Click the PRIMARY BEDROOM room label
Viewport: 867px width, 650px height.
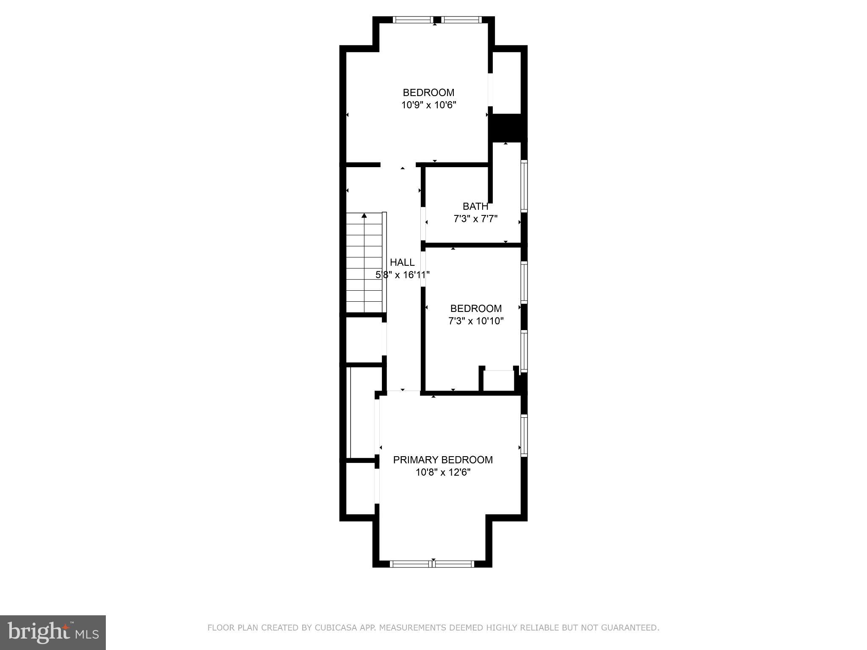[x=443, y=460]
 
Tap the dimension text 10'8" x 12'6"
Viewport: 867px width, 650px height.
[x=443, y=472]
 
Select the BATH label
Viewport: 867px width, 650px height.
[x=475, y=207]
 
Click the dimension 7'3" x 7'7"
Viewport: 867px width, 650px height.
[x=475, y=219]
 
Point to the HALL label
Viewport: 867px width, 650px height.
[x=402, y=262]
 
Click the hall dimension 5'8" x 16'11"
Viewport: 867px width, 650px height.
[x=403, y=275]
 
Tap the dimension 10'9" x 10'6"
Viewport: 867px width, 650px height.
[x=428, y=105]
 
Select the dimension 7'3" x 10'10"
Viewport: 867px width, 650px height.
[x=476, y=321]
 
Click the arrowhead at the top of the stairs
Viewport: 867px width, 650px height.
[x=364, y=216]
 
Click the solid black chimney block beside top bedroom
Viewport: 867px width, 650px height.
[x=507, y=127]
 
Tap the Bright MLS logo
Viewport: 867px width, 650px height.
[x=52, y=632]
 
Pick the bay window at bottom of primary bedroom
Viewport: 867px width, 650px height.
[x=432, y=564]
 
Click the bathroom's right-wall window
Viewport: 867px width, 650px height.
[x=524, y=186]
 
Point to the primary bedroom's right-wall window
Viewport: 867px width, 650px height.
[x=524, y=435]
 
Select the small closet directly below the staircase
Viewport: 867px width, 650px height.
[x=364, y=339]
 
